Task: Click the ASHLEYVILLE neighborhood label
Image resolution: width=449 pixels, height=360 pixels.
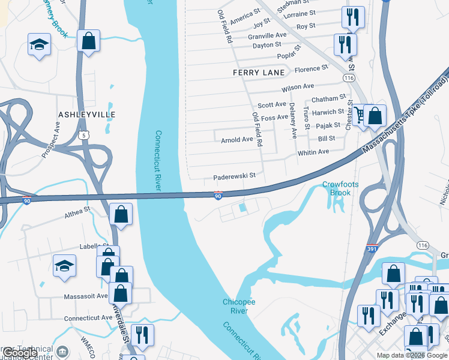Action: pyautogui.click(x=86, y=114)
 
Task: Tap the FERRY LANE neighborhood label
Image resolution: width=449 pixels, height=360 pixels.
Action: pyautogui.click(x=259, y=73)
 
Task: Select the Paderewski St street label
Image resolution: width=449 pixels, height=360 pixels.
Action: pyautogui.click(x=235, y=177)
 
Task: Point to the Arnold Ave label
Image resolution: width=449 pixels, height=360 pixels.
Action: pyautogui.click(x=237, y=140)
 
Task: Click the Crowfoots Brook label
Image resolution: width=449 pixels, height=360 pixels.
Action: pyautogui.click(x=340, y=188)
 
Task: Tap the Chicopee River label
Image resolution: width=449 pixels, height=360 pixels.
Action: pyautogui.click(x=240, y=306)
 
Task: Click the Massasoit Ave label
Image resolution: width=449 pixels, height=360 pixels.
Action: pyautogui.click(x=86, y=296)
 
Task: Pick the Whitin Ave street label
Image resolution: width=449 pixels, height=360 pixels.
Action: pyautogui.click(x=313, y=152)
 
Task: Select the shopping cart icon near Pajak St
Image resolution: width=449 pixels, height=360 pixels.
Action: pyautogui.click(x=360, y=114)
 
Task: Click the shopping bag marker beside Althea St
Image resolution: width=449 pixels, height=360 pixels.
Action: pyautogui.click(x=121, y=214)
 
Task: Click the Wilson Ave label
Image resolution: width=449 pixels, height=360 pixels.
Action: pyautogui.click(x=298, y=87)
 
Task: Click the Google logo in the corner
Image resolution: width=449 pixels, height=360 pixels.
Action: pyautogui.click(x=20, y=353)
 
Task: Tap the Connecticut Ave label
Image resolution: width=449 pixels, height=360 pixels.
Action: pyautogui.click(x=85, y=318)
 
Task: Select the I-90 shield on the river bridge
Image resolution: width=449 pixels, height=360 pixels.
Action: pyautogui.click(x=218, y=196)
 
